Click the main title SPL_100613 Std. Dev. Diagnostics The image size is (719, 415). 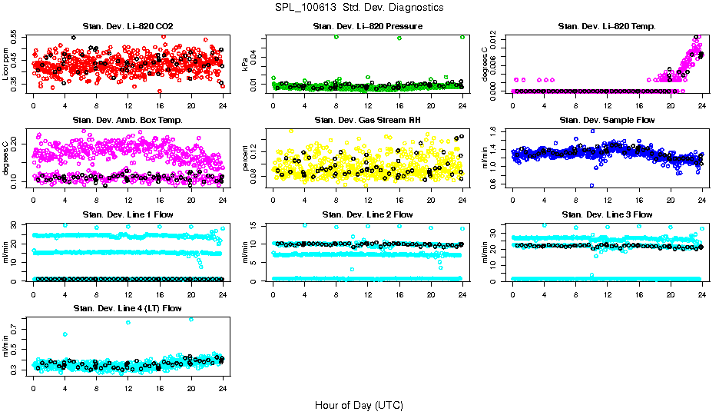[x=359, y=8]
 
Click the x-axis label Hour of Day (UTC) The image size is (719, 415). [x=359, y=404]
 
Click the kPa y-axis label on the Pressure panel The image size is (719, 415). [x=246, y=65]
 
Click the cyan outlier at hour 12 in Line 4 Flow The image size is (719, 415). [x=128, y=323]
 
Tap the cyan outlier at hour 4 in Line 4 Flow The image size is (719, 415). [x=65, y=334]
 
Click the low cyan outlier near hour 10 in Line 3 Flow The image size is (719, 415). [x=591, y=275]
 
